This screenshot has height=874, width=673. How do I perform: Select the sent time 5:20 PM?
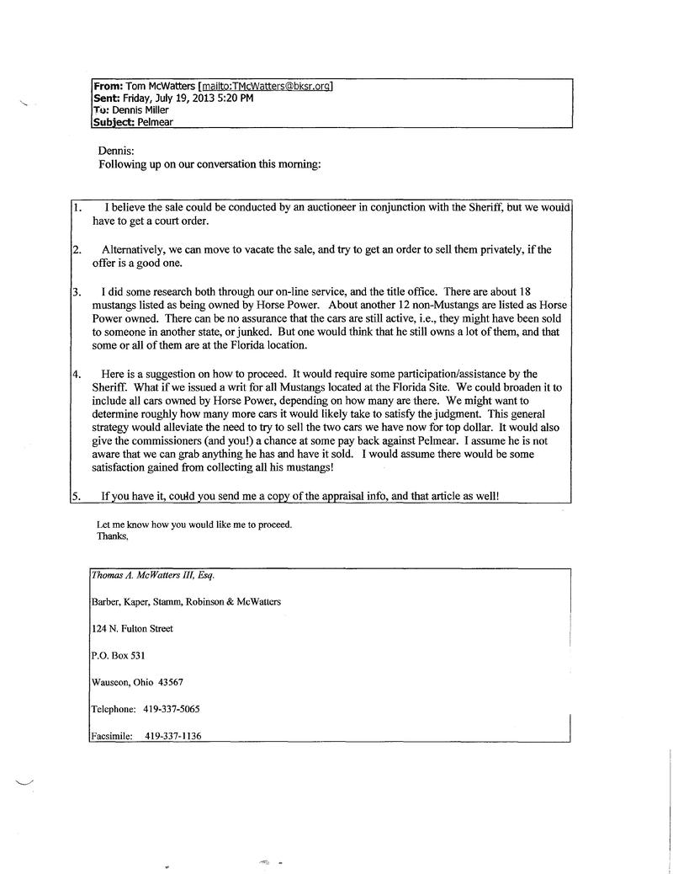coord(234,98)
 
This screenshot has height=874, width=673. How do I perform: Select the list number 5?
coord(77,497)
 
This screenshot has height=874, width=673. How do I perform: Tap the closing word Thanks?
coord(113,536)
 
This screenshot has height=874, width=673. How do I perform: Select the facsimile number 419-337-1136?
coord(172,736)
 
